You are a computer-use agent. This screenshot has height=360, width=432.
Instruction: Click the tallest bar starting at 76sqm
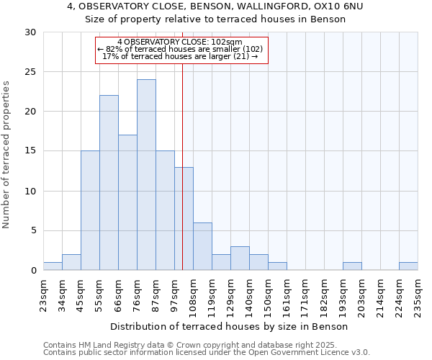146,174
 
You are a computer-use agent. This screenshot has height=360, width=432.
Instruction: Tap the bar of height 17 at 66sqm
127,202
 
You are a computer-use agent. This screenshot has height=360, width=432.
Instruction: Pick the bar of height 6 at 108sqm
202,246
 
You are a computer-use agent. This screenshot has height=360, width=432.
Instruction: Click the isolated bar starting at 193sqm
352,266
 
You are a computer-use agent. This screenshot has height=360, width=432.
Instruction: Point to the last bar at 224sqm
408,266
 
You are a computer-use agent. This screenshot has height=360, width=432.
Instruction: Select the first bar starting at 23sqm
53,266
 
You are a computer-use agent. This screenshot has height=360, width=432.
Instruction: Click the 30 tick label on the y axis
30,32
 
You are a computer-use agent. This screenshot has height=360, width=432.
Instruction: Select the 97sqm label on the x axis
174,294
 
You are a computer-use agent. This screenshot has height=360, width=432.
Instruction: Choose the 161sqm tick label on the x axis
287,294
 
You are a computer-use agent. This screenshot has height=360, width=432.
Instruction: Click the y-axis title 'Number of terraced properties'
7,155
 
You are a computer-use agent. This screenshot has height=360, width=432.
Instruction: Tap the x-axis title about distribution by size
230,326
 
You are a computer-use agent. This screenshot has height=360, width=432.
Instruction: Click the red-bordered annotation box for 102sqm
181,50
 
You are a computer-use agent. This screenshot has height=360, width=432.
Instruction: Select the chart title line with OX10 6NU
215,6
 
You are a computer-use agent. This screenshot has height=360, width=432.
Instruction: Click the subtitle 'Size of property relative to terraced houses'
215,19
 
